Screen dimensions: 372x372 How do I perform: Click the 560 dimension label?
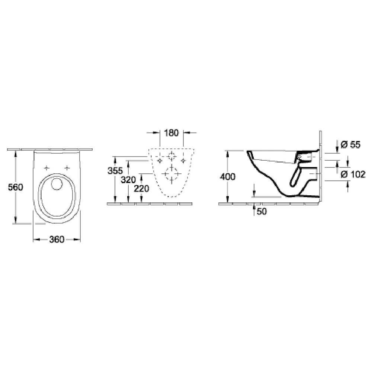[15, 187]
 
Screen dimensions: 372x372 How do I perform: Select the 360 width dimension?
[57, 239]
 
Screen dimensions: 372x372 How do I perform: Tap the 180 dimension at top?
[171, 133]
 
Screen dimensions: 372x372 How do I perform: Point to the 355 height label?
[115, 171]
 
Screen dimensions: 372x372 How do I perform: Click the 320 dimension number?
[128, 180]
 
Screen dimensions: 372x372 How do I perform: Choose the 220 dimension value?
[142, 189]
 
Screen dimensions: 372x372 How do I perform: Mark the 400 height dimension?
[228, 177]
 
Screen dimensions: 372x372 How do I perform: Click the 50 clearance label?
[262, 212]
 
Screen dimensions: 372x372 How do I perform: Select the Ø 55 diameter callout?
[350, 145]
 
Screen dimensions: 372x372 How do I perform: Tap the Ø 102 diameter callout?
[353, 174]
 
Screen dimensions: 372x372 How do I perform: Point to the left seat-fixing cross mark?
[47, 168]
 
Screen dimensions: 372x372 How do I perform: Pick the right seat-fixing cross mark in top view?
[68, 168]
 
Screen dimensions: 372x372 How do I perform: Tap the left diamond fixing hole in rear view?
[160, 161]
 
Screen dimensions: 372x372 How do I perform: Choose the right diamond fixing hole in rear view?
[183, 161]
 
